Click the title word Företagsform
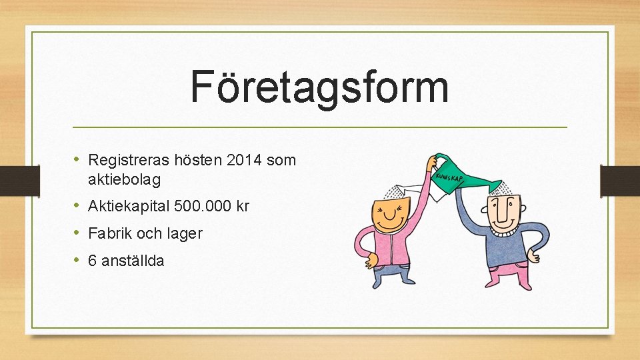coord(319,87)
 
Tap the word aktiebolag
coord(124,179)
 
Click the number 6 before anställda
coord(93,261)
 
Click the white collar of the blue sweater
coord(507,232)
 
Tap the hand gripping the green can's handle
coord(432,162)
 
